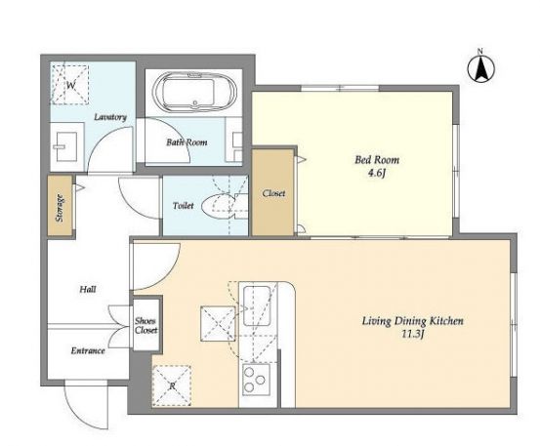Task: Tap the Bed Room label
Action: tap(377, 160)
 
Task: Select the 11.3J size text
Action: tap(412, 334)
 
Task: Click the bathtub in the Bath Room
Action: tap(195, 92)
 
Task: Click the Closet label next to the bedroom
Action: tap(273, 193)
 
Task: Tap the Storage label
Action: tap(60, 208)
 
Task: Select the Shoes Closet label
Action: tap(146, 326)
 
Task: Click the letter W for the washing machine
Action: tap(70, 85)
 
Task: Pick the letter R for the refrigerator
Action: tap(172, 386)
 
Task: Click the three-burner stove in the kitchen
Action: tap(256, 381)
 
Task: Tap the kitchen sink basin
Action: tap(257, 305)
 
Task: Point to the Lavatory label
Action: tap(110, 117)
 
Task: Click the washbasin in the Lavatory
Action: tap(66, 147)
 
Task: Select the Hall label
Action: tap(88, 289)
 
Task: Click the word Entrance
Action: tap(88, 350)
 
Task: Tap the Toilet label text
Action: tap(184, 206)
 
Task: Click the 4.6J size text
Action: tap(376, 173)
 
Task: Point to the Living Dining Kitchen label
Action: tap(413, 321)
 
